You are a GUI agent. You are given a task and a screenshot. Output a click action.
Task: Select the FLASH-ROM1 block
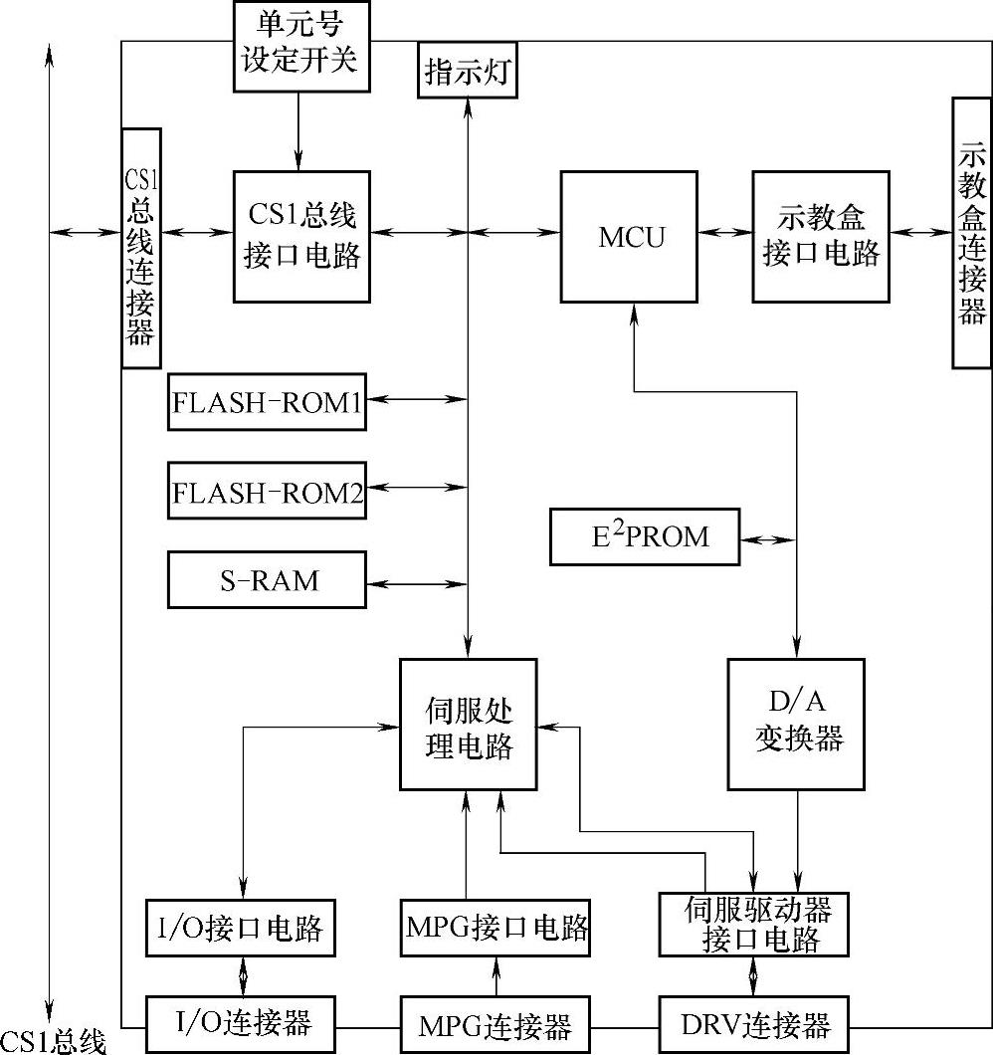(267, 402)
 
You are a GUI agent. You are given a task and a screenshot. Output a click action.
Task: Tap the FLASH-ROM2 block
(267, 490)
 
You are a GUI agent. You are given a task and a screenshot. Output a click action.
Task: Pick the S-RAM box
(267, 579)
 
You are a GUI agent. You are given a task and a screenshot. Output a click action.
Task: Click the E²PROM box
(645, 537)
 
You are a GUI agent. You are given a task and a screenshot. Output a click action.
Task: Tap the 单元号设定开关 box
(298, 46)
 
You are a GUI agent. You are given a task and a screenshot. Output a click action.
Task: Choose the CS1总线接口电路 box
(301, 236)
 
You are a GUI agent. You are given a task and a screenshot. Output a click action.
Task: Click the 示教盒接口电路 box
(821, 236)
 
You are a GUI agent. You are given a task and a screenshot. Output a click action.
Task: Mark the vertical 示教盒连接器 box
(971, 232)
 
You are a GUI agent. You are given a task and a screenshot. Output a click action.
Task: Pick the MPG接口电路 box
(496, 928)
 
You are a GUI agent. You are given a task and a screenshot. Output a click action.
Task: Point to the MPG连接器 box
(496, 1024)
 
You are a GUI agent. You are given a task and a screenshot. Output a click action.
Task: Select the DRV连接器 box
(753, 1024)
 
